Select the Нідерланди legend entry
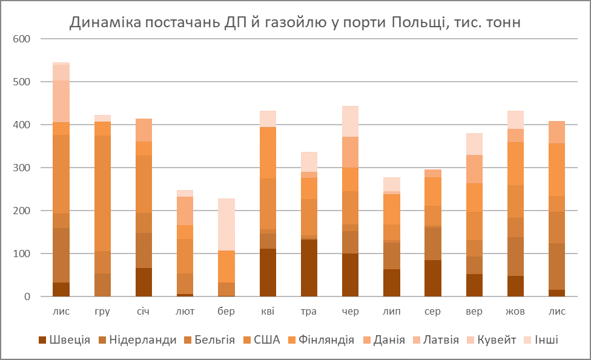coord(143,340)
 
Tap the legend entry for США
coord(267,340)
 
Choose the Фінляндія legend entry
coord(326,340)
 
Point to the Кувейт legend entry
coord(492,340)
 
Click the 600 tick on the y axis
coord(22,39)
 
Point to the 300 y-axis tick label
coord(22,168)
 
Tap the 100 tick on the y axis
coord(22,254)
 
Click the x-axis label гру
coord(102,312)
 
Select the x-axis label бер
coord(226,312)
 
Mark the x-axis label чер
coord(350,312)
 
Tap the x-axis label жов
coord(515,312)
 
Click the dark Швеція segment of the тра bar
coord(309,268)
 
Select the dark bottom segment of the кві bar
coord(268,272)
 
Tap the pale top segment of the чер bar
coord(350,121)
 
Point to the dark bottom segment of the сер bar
coord(433,278)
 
